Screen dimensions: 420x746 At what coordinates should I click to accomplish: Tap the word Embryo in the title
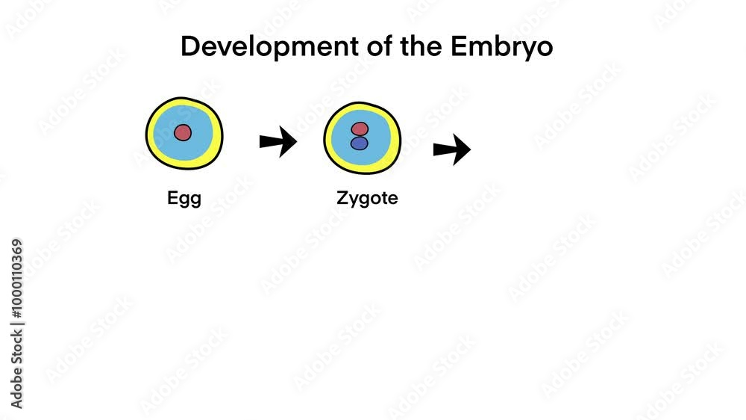[501, 47]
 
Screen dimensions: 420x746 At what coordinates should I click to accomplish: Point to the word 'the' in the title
[404, 47]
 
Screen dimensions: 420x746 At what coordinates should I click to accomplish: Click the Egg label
[184, 200]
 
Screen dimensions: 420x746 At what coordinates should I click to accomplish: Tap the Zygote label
[367, 200]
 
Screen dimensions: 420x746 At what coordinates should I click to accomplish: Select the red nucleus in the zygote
[360, 129]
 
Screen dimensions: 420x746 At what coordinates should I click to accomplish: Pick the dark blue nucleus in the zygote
[360, 143]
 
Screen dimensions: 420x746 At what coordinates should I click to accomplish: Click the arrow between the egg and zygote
[278, 142]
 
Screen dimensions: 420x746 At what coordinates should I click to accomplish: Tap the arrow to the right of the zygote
[451, 150]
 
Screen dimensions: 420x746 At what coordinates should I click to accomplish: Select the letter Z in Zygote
[342, 199]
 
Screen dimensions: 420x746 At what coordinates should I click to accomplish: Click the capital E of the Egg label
[172, 199]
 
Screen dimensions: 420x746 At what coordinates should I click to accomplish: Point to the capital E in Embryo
[458, 47]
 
